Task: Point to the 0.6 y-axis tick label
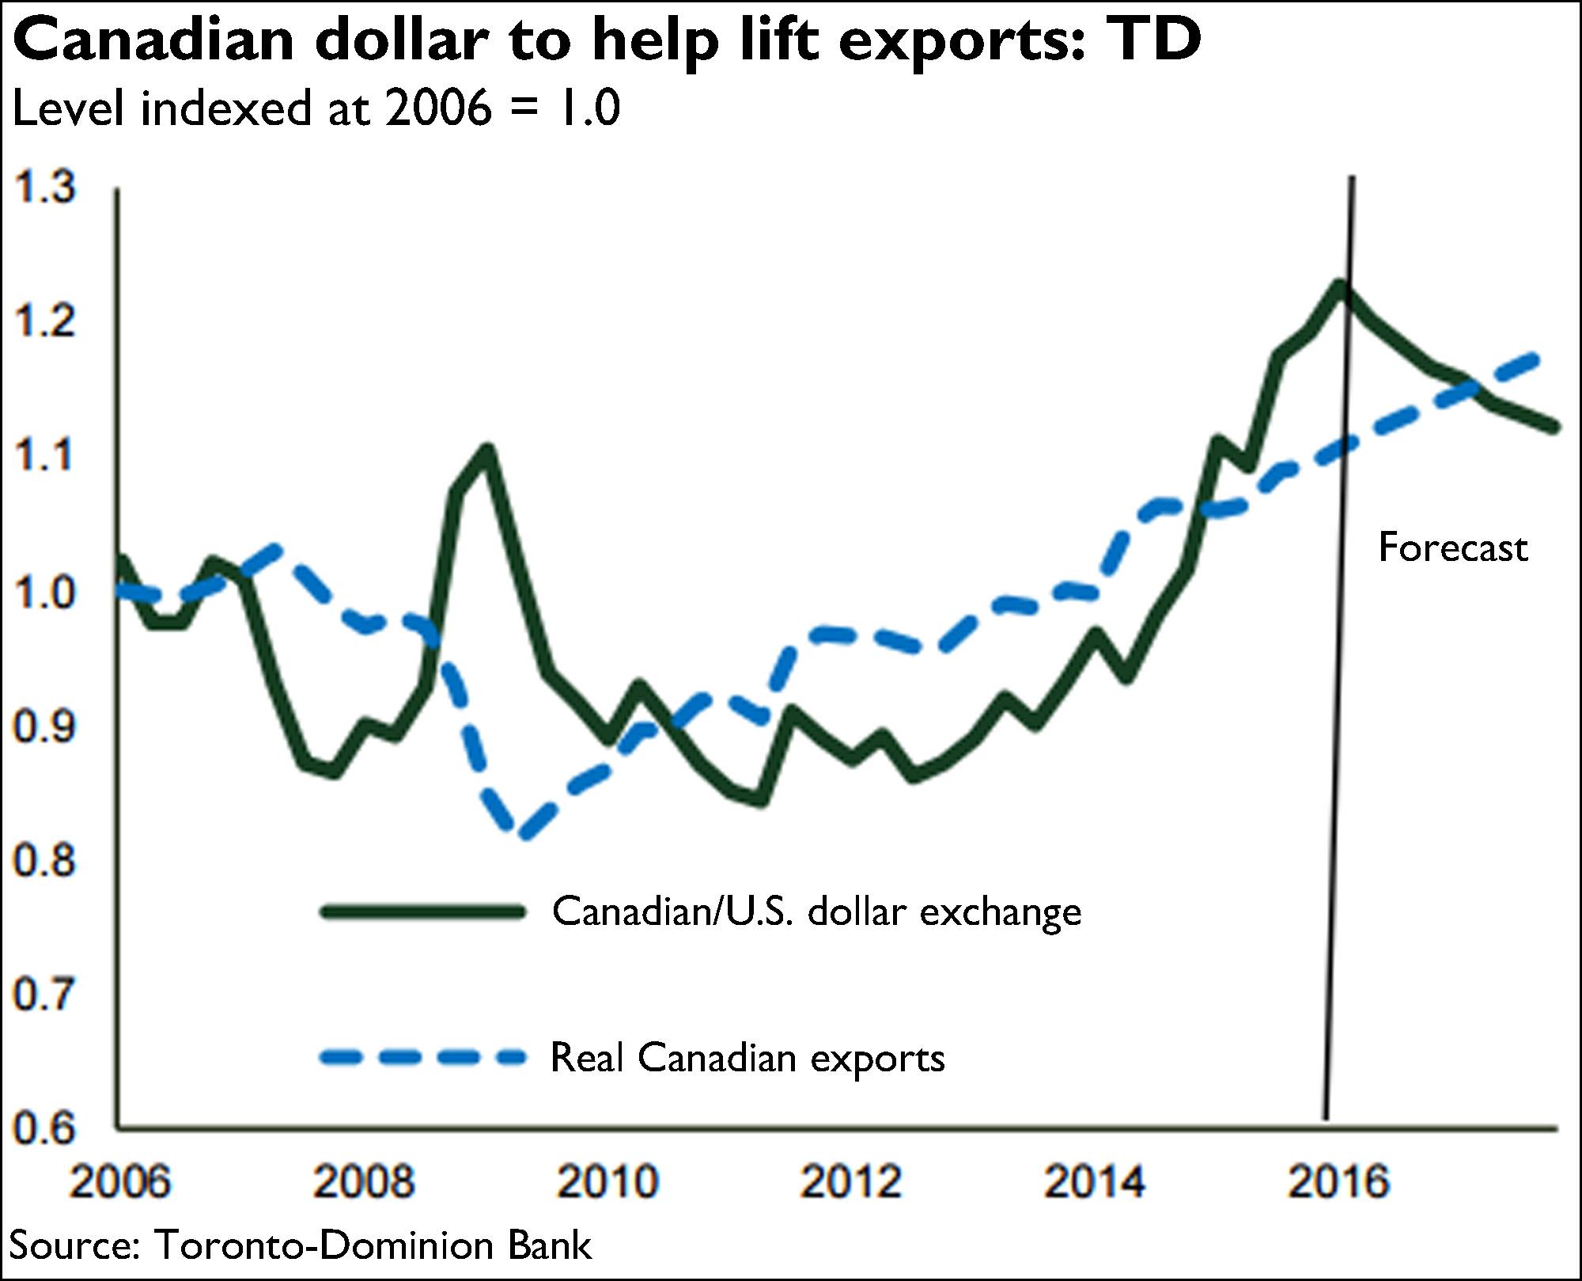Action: click(x=44, y=1128)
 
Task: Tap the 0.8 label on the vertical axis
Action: click(x=44, y=859)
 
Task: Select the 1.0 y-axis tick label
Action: click(x=44, y=592)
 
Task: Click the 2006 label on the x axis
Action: click(x=119, y=1181)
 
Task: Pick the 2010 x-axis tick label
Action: click(x=607, y=1181)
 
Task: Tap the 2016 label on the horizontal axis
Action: click(x=1338, y=1181)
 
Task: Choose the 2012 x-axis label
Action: click(x=851, y=1181)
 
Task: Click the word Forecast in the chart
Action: click(x=1453, y=548)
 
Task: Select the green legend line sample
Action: click(x=423, y=911)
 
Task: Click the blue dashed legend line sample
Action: click(x=423, y=1056)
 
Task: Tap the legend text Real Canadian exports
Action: click(x=747, y=1058)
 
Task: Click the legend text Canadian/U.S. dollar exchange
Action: click(x=816, y=911)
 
